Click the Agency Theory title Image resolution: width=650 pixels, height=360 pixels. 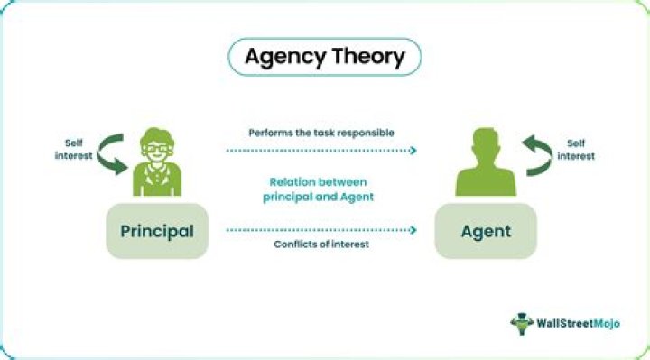pyautogui.click(x=325, y=57)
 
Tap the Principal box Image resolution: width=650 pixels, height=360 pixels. pyautogui.click(x=157, y=232)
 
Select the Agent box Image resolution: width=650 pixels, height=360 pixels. pyautogui.click(x=486, y=232)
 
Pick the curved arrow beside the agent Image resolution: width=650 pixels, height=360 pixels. pyautogui.click(x=537, y=154)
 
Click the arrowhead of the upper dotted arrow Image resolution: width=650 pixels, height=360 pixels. pyautogui.click(x=414, y=151)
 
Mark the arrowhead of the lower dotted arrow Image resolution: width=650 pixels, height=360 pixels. pyautogui.click(x=414, y=230)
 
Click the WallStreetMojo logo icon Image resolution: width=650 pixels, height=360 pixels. pyautogui.click(x=521, y=323)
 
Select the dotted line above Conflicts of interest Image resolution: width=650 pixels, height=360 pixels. pyautogui.click(x=320, y=230)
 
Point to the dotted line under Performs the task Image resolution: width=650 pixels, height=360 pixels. pyautogui.click(x=320, y=151)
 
